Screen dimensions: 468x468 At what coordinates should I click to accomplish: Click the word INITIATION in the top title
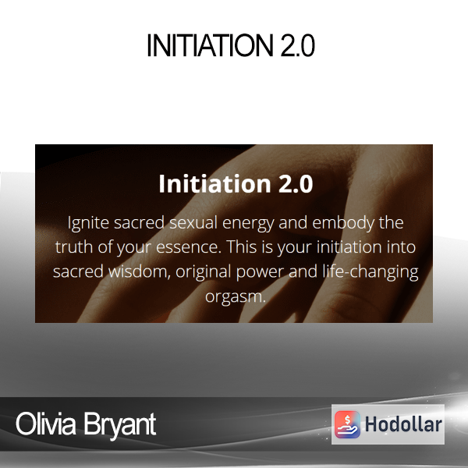210,45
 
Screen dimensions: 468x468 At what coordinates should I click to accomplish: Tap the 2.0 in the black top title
298,45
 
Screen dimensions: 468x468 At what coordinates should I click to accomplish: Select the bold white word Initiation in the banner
214,183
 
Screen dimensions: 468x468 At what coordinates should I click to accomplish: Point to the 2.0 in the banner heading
296,184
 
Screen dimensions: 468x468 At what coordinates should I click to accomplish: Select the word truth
74,247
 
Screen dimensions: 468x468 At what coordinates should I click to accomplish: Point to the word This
242,246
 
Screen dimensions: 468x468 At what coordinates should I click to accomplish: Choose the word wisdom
139,271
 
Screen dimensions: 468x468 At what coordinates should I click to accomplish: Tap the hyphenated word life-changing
370,272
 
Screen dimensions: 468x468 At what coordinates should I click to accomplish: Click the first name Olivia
46,424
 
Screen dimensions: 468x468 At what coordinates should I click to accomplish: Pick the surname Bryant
119,425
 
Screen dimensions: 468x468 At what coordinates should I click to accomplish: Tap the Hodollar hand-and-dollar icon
347,424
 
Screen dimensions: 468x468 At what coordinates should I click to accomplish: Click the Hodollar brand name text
403,424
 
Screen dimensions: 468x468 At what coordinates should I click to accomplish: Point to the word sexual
193,223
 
